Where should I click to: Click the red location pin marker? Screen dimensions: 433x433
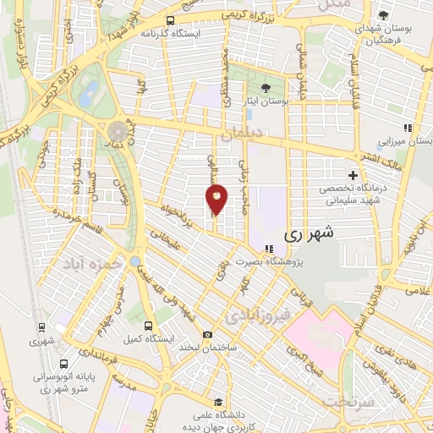(x=216, y=198)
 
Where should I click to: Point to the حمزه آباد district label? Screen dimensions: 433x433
(x=87, y=265)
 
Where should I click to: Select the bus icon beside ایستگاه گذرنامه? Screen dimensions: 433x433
(x=170, y=20)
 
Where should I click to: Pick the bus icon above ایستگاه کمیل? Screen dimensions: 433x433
(x=148, y=325)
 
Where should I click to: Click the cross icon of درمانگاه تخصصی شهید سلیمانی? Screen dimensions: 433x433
(x=353, y=175)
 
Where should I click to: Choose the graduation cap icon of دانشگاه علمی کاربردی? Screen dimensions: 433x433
(x=218, y=403)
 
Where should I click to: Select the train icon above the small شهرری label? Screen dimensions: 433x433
(x=39, y=326)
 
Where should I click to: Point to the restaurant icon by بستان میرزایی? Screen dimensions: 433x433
(x=407, y=129)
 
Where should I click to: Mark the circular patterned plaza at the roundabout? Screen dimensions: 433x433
(x=118, y=132)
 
